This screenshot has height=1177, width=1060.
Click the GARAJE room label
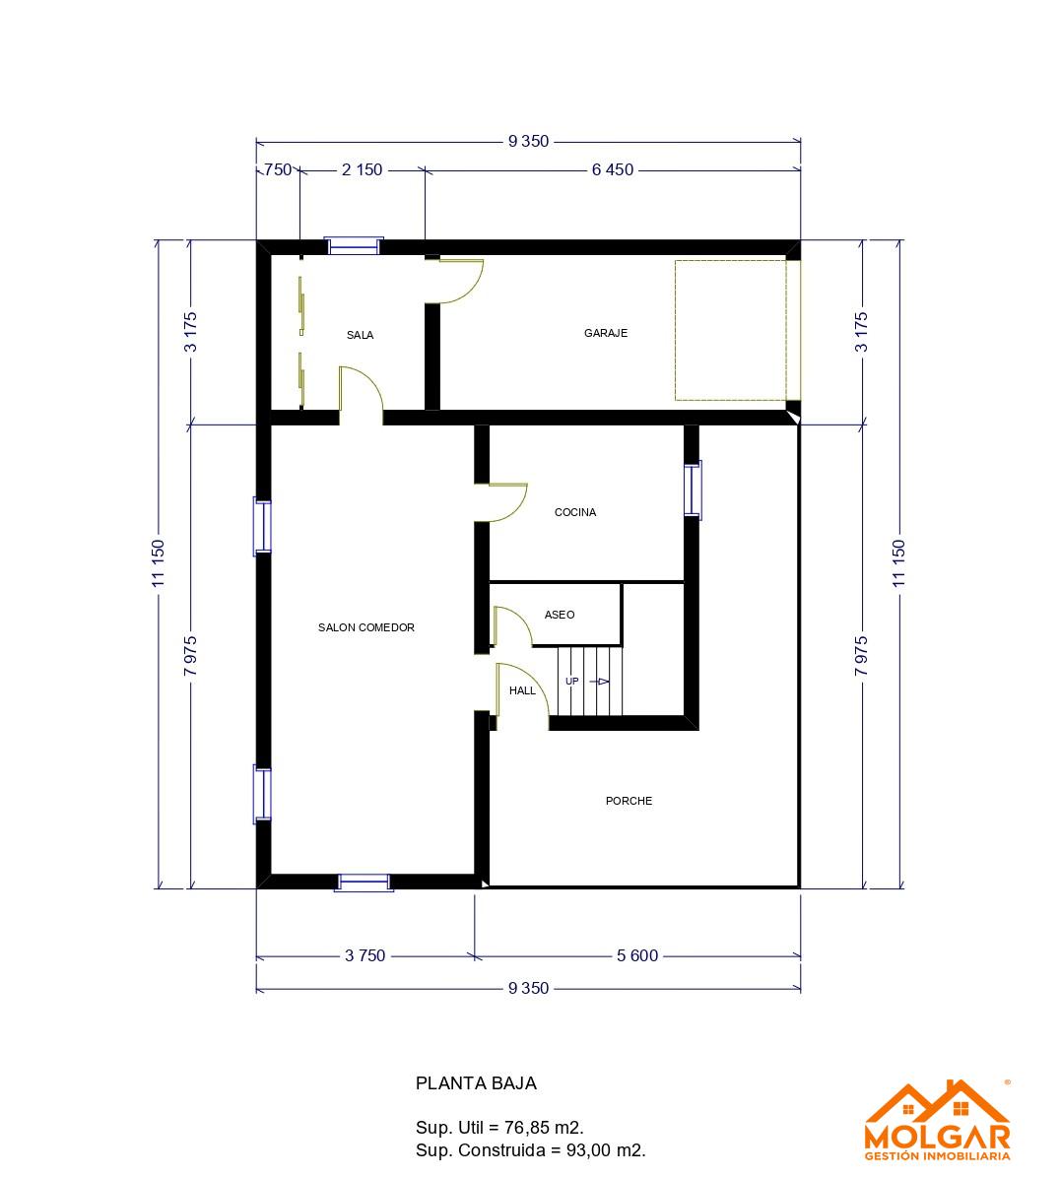[606, 333]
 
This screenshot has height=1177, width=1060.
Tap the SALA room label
[360, 335]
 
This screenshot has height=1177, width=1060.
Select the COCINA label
[575, 512]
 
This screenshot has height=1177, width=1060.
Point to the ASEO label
[560, 615]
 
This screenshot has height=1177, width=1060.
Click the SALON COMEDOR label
[366, 627]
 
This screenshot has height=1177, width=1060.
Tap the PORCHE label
[629, 801]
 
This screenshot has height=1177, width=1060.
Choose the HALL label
[522, 690]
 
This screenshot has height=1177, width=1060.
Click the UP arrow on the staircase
[599, 682]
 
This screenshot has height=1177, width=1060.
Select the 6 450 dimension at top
[613, 169]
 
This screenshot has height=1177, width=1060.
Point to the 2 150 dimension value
[362, 169]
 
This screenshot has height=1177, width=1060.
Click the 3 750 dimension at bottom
[364, 955]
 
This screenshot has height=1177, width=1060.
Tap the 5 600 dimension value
[637, 955]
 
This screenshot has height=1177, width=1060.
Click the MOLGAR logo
[937, 1120]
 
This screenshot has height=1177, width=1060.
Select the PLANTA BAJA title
[476, 1083]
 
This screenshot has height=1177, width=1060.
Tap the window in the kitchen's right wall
[693, 490]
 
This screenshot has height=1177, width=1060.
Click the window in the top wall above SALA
[354, 245]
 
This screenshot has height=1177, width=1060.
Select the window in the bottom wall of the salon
[364, 883]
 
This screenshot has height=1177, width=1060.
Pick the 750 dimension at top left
[278, 169]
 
